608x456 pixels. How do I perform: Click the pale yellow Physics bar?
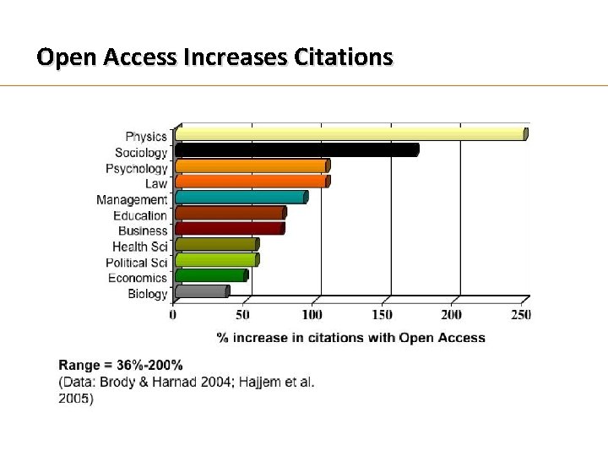tap(350, 134)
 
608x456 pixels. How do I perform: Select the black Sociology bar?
tap(296, 150)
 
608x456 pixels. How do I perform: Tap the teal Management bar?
tap(241, 198)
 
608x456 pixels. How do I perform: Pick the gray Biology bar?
tap(201, 292)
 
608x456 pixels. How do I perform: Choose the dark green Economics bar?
tap(210, 276)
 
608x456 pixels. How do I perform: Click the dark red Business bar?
tap(229, 229)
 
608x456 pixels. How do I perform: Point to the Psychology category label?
tap(136, 168)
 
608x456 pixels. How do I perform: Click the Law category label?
tap(155, 183)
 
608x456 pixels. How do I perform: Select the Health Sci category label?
tap(139, 247)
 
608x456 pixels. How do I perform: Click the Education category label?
tap(139, 215)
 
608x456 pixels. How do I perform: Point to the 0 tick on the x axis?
tap(173, 315)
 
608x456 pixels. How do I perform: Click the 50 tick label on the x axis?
tap(242, 315)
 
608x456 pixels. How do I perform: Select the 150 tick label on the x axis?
tap(383, 315)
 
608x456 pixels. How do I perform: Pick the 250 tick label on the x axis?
tap(522, 315)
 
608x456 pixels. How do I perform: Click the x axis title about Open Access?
tap(350, 338)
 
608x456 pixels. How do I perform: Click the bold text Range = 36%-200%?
tap(120, 366)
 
